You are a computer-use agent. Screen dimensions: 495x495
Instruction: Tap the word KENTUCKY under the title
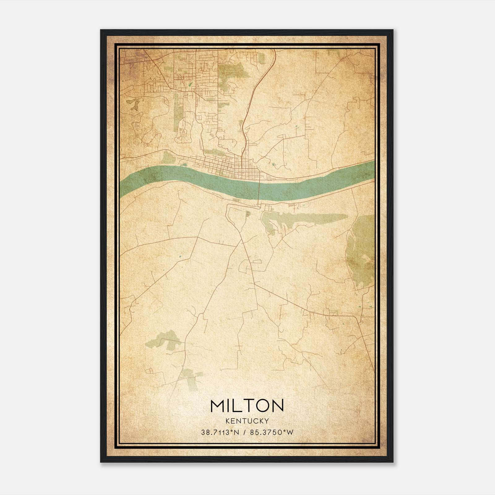click(247, 421)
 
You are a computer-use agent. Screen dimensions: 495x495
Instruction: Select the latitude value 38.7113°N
click(220, 433)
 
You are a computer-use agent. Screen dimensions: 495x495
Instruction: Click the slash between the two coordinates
click(245, 433)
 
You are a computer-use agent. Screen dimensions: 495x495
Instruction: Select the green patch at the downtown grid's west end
click(169, 158)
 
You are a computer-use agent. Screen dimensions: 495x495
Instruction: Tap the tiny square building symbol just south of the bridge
click(247, 213)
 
